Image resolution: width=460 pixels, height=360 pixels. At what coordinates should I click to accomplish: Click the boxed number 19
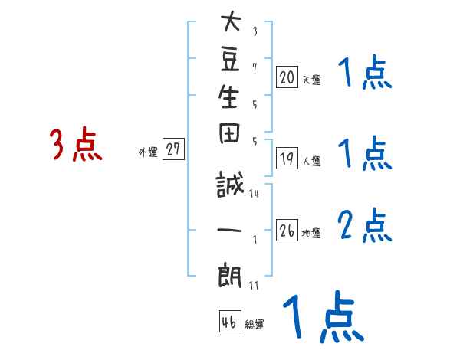[287, 159]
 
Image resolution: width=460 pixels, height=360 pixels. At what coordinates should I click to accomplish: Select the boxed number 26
[287, 230]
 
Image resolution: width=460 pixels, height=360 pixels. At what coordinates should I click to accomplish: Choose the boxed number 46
[229, 322]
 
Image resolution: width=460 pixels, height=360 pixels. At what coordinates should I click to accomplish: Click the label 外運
[148, 152]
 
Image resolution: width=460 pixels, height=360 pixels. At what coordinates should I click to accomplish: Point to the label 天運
[311, 79]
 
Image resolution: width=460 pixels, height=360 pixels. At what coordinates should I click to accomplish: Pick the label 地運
[311, 233]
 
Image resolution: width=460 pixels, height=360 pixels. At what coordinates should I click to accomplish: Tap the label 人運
[311, 162]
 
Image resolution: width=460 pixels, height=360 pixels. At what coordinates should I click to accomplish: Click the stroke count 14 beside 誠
[255, 194]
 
